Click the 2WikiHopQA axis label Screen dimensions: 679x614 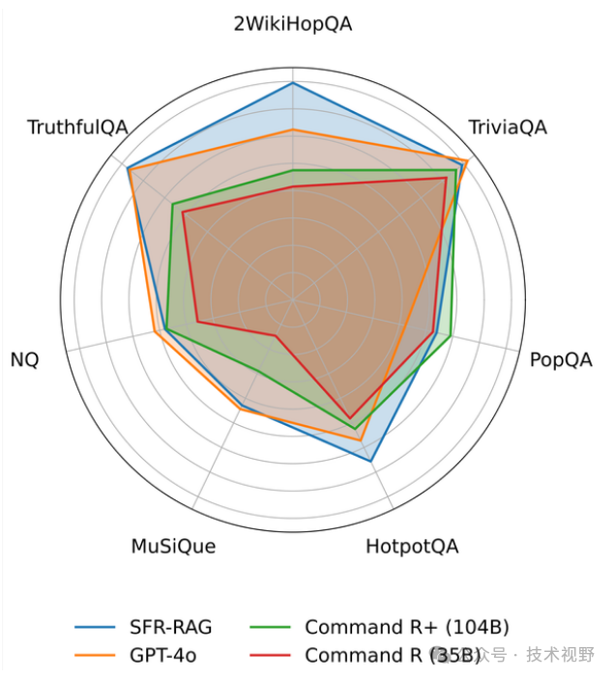(293, 24)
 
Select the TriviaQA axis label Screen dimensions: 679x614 (507, 127)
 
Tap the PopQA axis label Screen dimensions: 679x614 (560, 360)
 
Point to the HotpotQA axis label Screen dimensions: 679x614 (412, 547)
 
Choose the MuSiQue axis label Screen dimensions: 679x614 (173, 547)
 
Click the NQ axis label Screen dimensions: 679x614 (25, 360)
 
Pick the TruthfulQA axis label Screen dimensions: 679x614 (77, 127)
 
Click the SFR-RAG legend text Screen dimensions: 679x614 (171, 627)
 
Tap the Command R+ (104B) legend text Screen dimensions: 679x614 (406, 627)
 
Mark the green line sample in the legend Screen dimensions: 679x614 (271, 628)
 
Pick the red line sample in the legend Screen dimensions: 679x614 (271, 656)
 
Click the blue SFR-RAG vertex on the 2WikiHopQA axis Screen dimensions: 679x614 (293, 83)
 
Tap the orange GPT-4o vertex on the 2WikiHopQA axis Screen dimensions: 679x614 (293, 129)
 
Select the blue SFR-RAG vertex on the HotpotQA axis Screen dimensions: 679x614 (371, 461)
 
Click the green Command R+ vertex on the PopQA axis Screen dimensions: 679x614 (452, 335)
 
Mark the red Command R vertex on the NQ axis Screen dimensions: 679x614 (197, 321)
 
